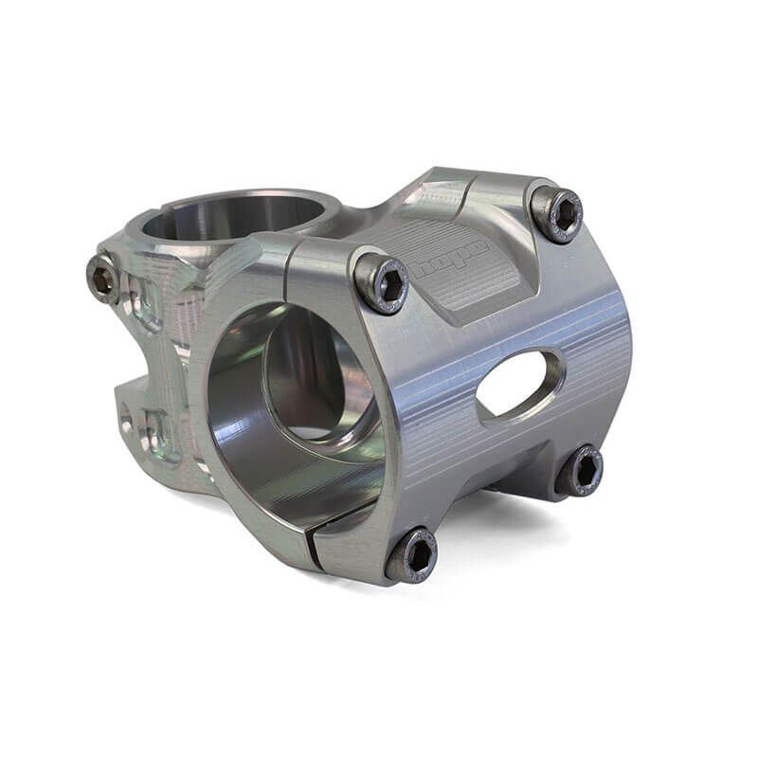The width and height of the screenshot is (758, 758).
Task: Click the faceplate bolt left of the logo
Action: pos(382,283)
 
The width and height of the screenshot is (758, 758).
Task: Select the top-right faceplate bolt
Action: pos(557,214)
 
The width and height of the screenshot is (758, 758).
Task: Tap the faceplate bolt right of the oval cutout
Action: pos(579,470)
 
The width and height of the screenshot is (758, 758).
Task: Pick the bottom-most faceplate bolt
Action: pos(412,555)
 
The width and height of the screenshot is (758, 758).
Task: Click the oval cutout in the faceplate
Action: pos(519,383)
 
